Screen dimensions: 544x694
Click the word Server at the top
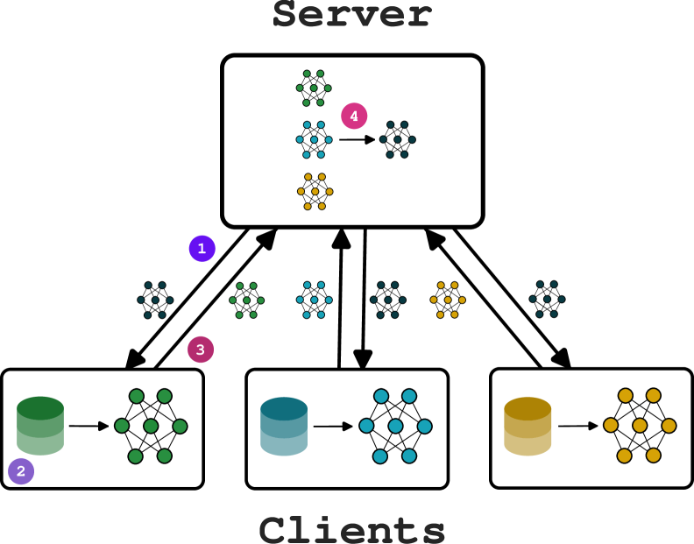[352, 15]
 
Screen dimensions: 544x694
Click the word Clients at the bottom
[352, 530]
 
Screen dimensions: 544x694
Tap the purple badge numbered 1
[202, 249]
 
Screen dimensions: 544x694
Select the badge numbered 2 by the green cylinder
[21, 471]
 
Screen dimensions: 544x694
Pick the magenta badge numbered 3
[200, 350]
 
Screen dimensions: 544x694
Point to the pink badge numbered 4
[354, 116]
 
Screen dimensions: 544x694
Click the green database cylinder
[40, 426]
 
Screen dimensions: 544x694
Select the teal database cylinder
[284, 427]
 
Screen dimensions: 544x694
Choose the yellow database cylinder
[528, 427]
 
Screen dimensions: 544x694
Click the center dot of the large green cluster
[151, 427]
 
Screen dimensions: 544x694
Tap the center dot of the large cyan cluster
[395, 427]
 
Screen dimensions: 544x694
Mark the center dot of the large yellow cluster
[640, 426]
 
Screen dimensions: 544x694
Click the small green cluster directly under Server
[314, 88]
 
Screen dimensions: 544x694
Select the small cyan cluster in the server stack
[314, 139]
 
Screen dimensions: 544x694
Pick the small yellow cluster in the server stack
[315, 191]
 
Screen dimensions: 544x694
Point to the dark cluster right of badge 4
[397, 139]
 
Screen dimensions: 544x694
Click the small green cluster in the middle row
[246, 300]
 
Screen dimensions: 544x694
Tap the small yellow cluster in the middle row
[448, 300]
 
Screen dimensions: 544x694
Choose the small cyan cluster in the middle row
[314, 300]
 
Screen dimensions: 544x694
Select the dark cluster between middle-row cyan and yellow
[387, 300]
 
